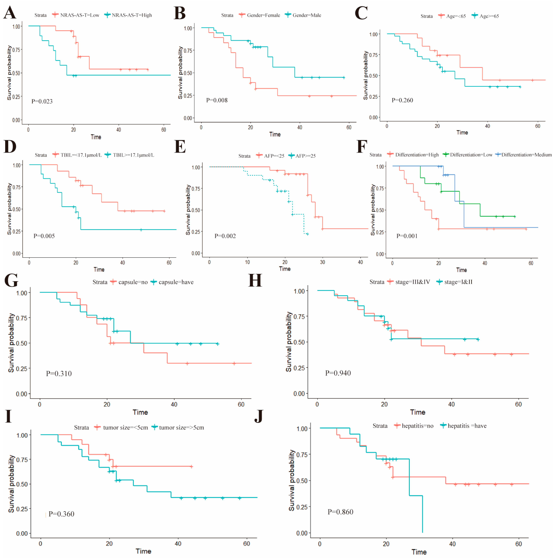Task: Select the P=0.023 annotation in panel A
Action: point(42,101)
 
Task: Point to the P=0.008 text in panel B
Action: point(217,100)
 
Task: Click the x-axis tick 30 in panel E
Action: point(322,262)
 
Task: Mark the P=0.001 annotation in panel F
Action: point(407,236)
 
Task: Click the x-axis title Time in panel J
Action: point(419,552)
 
